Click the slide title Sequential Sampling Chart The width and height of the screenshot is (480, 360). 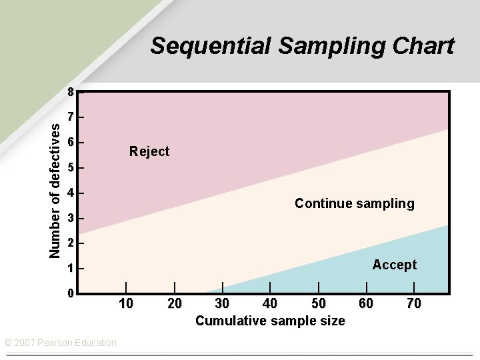click(302, 46)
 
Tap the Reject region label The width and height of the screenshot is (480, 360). click(149, 151)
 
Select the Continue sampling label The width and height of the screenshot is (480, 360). click(354, 203)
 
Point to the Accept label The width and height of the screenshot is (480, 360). click(394, 265)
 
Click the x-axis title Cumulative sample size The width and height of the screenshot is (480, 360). click(270, 321)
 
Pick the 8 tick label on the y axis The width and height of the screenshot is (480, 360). click(70, 91)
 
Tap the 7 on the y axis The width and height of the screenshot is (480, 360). click(70, 117)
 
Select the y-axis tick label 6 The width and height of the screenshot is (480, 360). click(70, 142)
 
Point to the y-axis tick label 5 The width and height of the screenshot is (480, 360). click(70, 167)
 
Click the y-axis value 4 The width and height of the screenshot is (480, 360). click(70, 193)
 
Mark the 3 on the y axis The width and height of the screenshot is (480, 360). click(70, 219)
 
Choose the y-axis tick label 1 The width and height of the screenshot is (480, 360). click(70, 269)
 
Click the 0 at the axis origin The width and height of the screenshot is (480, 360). click(70, 293)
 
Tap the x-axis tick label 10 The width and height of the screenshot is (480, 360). click(125, 304)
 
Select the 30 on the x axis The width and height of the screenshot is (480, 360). click(222, 304)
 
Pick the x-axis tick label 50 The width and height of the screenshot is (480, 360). click(319, 304)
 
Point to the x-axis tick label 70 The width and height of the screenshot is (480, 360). click(413, 304)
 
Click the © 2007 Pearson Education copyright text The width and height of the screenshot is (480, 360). click(61, 343)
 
